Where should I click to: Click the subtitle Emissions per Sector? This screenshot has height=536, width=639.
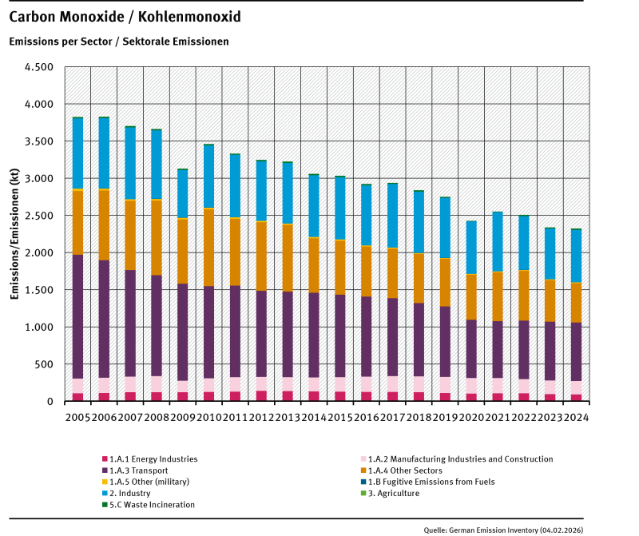tap(119, 41)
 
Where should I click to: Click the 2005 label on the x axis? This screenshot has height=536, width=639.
tap(77, 415)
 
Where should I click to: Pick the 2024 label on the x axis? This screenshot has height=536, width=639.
tap(576, 415)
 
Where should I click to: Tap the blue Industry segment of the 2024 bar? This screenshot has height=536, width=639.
tap(576, 256)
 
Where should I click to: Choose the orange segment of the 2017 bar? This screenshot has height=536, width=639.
tap(392, 272)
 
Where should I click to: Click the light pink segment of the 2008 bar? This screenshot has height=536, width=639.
tap(157, 384)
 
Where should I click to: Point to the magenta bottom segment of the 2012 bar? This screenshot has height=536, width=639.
tap(261, 395)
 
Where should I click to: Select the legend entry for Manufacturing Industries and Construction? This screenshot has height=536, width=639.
tap(456, 459)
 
